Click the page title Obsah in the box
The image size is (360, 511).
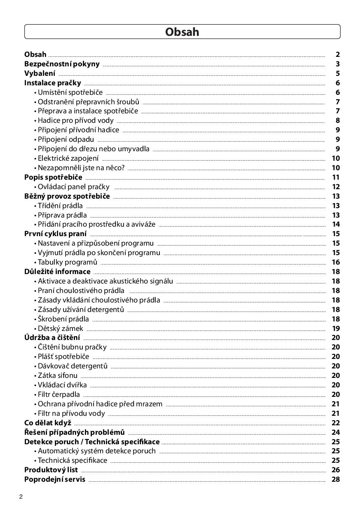point(182,32)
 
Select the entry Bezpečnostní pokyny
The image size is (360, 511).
point(62,64)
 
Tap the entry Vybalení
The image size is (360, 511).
point(40,73)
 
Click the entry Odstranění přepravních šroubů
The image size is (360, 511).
point(88,102)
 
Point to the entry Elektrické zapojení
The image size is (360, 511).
point(68,158)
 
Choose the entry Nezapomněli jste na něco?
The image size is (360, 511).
point(81,168)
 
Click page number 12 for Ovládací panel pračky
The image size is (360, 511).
point(336,187)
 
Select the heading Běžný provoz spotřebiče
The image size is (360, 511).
point(67,196)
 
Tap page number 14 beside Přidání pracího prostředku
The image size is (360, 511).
point(336,225)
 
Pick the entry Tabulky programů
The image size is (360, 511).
point(67,262)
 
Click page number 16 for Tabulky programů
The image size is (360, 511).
point(336,262)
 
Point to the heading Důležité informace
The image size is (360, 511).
point(57,272)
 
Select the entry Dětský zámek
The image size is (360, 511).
point(60,328)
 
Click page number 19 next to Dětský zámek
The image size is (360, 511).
point(336,328)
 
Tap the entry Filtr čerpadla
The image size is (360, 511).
point(58,394)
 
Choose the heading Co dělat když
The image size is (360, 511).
point(48,423)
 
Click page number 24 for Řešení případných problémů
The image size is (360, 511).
point(336,432)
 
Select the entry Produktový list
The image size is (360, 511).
point(51,470)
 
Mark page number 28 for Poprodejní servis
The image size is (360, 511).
point(336,479)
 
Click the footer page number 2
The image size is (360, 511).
point(21,497)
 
